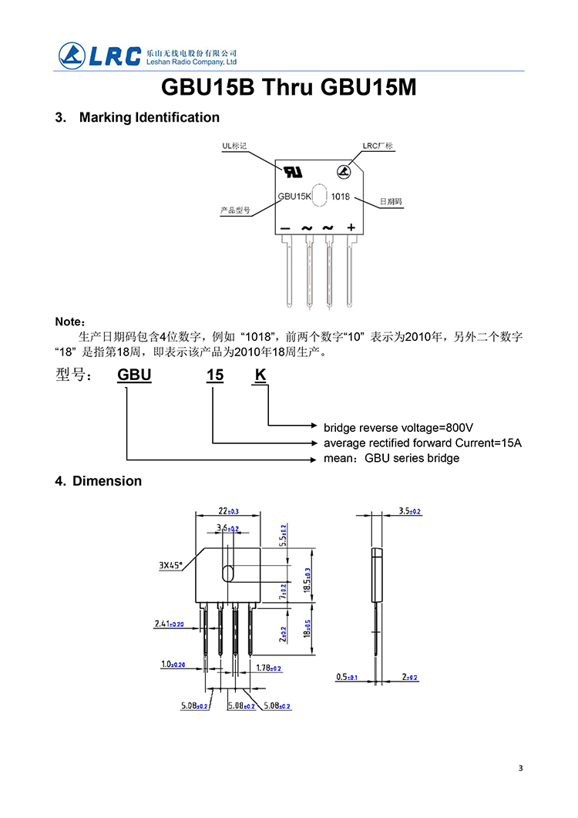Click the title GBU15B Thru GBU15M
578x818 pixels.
pos(288,88)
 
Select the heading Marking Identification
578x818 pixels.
pos(149,117)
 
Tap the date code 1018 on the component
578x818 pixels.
pos(341,197)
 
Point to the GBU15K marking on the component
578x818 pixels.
pos(294,197)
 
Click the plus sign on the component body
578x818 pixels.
pos(351,227)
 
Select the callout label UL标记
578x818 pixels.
pos(234,145)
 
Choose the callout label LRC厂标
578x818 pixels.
pos(378,145)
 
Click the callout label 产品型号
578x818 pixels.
pos(235,210)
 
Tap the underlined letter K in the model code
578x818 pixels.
pos(260,375)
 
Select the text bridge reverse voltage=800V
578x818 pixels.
pos(398,427)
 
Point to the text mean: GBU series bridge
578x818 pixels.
pos(391,458)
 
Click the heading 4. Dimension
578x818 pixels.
pos(98,481)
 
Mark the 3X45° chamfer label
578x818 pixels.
pos(170,565)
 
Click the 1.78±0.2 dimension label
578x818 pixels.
pos(268,668)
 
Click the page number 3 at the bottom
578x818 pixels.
pos(521,768)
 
